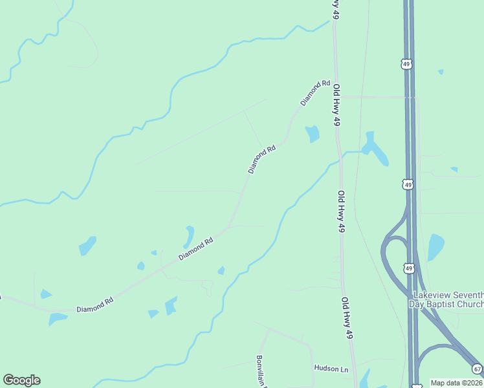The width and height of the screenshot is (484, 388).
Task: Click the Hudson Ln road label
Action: pyautogui.click(x=331, y=369)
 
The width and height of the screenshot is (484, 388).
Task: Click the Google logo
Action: pyautogui.click(x=21, y=380)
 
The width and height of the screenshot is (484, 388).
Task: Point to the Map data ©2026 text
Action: pyautogui.click(x=457, y=383)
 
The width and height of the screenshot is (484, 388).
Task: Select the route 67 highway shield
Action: pyautogui.click(x=477, y=369)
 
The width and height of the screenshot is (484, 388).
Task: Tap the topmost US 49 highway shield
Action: pyautogui.click(x=406, y=64)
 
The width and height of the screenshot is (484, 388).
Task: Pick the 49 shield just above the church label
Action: pyautogui.click(x=408, y=268)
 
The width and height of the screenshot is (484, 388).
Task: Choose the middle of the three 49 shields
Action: pyautogui.click(x=407, y=185)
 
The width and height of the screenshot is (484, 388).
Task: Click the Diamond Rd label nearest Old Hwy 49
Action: pyautogui.click(x=315, y=93)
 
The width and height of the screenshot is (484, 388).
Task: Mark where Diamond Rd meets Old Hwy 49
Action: pyautogui.click(x=336, y=96)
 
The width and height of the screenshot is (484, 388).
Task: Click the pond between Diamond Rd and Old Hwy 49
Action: pyautogui.click(x=313, y=134)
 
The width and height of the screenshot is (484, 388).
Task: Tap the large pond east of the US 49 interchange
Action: pyautogui.click(x=435, y=246)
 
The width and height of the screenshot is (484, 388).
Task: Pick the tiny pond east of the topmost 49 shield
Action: pyautogui.click(x=441, y=72)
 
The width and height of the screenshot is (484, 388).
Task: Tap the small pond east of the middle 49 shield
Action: pyautogui.click(x=454, y=169)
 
